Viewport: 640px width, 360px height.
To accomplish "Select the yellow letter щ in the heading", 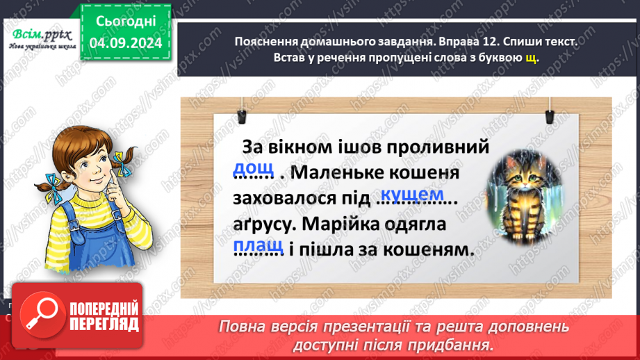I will click(x=531, y=58).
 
